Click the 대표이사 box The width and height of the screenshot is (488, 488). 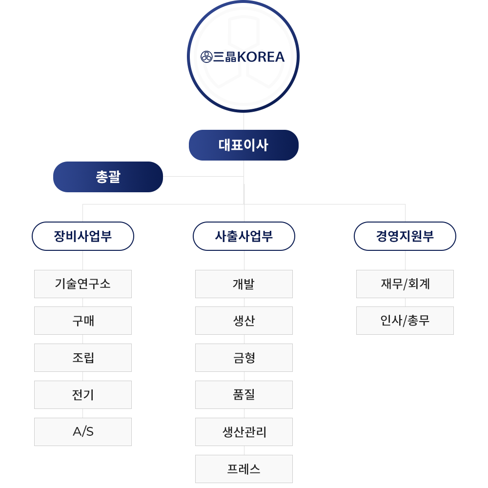[244, 145]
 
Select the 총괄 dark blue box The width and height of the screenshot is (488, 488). [108, 177]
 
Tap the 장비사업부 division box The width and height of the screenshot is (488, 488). [83, 236]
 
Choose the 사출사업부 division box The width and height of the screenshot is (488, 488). [244, 236]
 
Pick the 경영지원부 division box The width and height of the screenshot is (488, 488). [405, 236]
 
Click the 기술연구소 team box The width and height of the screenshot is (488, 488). [83, 284]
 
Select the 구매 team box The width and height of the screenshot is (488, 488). [83, 321]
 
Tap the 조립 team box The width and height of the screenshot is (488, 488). [83, 358]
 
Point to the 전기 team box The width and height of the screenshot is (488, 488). [83, 395]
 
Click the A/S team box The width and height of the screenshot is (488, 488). [83, 432]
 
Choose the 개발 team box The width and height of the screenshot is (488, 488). [244, 284]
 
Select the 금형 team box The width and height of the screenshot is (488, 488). [244, 358]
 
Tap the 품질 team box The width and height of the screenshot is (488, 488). [244, 395]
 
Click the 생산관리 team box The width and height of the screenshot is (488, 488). [244, 432]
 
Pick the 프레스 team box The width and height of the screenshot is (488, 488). [244, 468]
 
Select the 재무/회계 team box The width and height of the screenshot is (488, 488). [405, 284]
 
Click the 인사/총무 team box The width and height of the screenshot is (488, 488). [405, 321]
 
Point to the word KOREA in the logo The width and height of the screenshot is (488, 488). [261, 57]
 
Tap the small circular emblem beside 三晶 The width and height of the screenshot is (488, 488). [206, 57]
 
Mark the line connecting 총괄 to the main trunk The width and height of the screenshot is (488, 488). [203, 177]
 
